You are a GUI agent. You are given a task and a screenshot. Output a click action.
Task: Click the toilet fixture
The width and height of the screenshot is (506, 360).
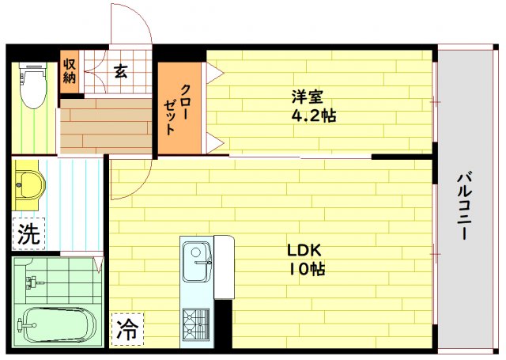[32, 85]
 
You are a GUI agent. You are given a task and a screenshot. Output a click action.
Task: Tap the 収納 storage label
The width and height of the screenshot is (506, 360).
[69, 71]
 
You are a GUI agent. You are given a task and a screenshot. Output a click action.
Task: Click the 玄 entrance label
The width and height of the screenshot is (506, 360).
[120, 71]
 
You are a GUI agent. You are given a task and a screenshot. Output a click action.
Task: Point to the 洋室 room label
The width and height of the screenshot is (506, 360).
[307, 97]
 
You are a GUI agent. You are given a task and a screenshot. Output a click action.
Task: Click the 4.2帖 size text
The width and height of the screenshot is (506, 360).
[314, 116]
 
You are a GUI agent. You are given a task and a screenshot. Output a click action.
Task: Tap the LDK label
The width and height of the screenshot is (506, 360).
[304, 250]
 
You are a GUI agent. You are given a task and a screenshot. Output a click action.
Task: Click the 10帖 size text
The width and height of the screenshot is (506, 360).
[307, 269]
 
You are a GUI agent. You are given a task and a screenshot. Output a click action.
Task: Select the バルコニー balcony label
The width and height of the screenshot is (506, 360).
[464, 207]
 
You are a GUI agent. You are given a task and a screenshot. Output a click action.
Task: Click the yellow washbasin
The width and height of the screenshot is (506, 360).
[28, 184]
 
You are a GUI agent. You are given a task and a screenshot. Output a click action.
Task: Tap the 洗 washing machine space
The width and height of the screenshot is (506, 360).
[28, 233]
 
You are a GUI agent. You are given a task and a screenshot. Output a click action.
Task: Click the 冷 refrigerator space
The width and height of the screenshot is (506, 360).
[127, 329]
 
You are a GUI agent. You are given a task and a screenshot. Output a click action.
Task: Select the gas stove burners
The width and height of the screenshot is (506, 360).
[196, 324]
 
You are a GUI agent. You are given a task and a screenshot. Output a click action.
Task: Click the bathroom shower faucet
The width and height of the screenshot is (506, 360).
[35, 282]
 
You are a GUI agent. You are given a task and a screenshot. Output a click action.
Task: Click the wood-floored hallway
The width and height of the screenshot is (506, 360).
[106, 126]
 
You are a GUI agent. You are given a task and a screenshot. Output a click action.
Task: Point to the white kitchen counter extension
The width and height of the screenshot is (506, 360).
[224, 267]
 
